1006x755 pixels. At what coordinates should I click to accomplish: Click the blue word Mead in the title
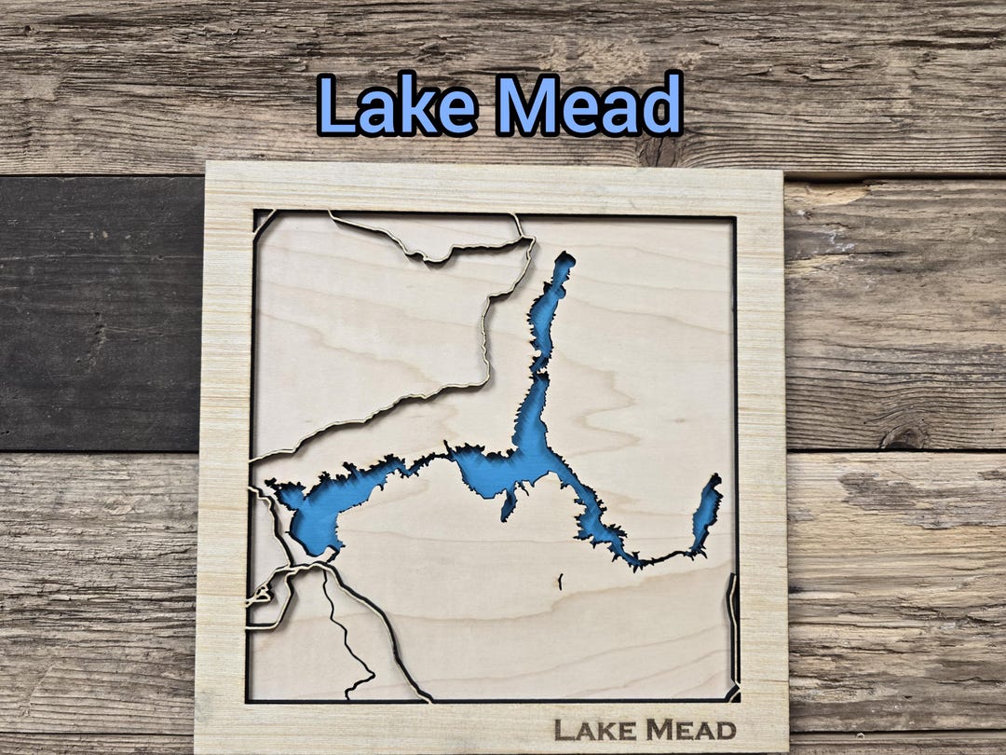point(589,104)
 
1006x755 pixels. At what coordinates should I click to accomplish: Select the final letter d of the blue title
point(664,104)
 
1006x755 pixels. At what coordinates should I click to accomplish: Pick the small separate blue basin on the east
point(705,513)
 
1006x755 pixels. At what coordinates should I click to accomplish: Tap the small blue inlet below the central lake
point(508,504)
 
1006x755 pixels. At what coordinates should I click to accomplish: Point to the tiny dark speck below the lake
point(561,583)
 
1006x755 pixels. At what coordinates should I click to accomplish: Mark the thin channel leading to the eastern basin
point(666,557)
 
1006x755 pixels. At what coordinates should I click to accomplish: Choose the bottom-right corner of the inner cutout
point(736,698)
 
